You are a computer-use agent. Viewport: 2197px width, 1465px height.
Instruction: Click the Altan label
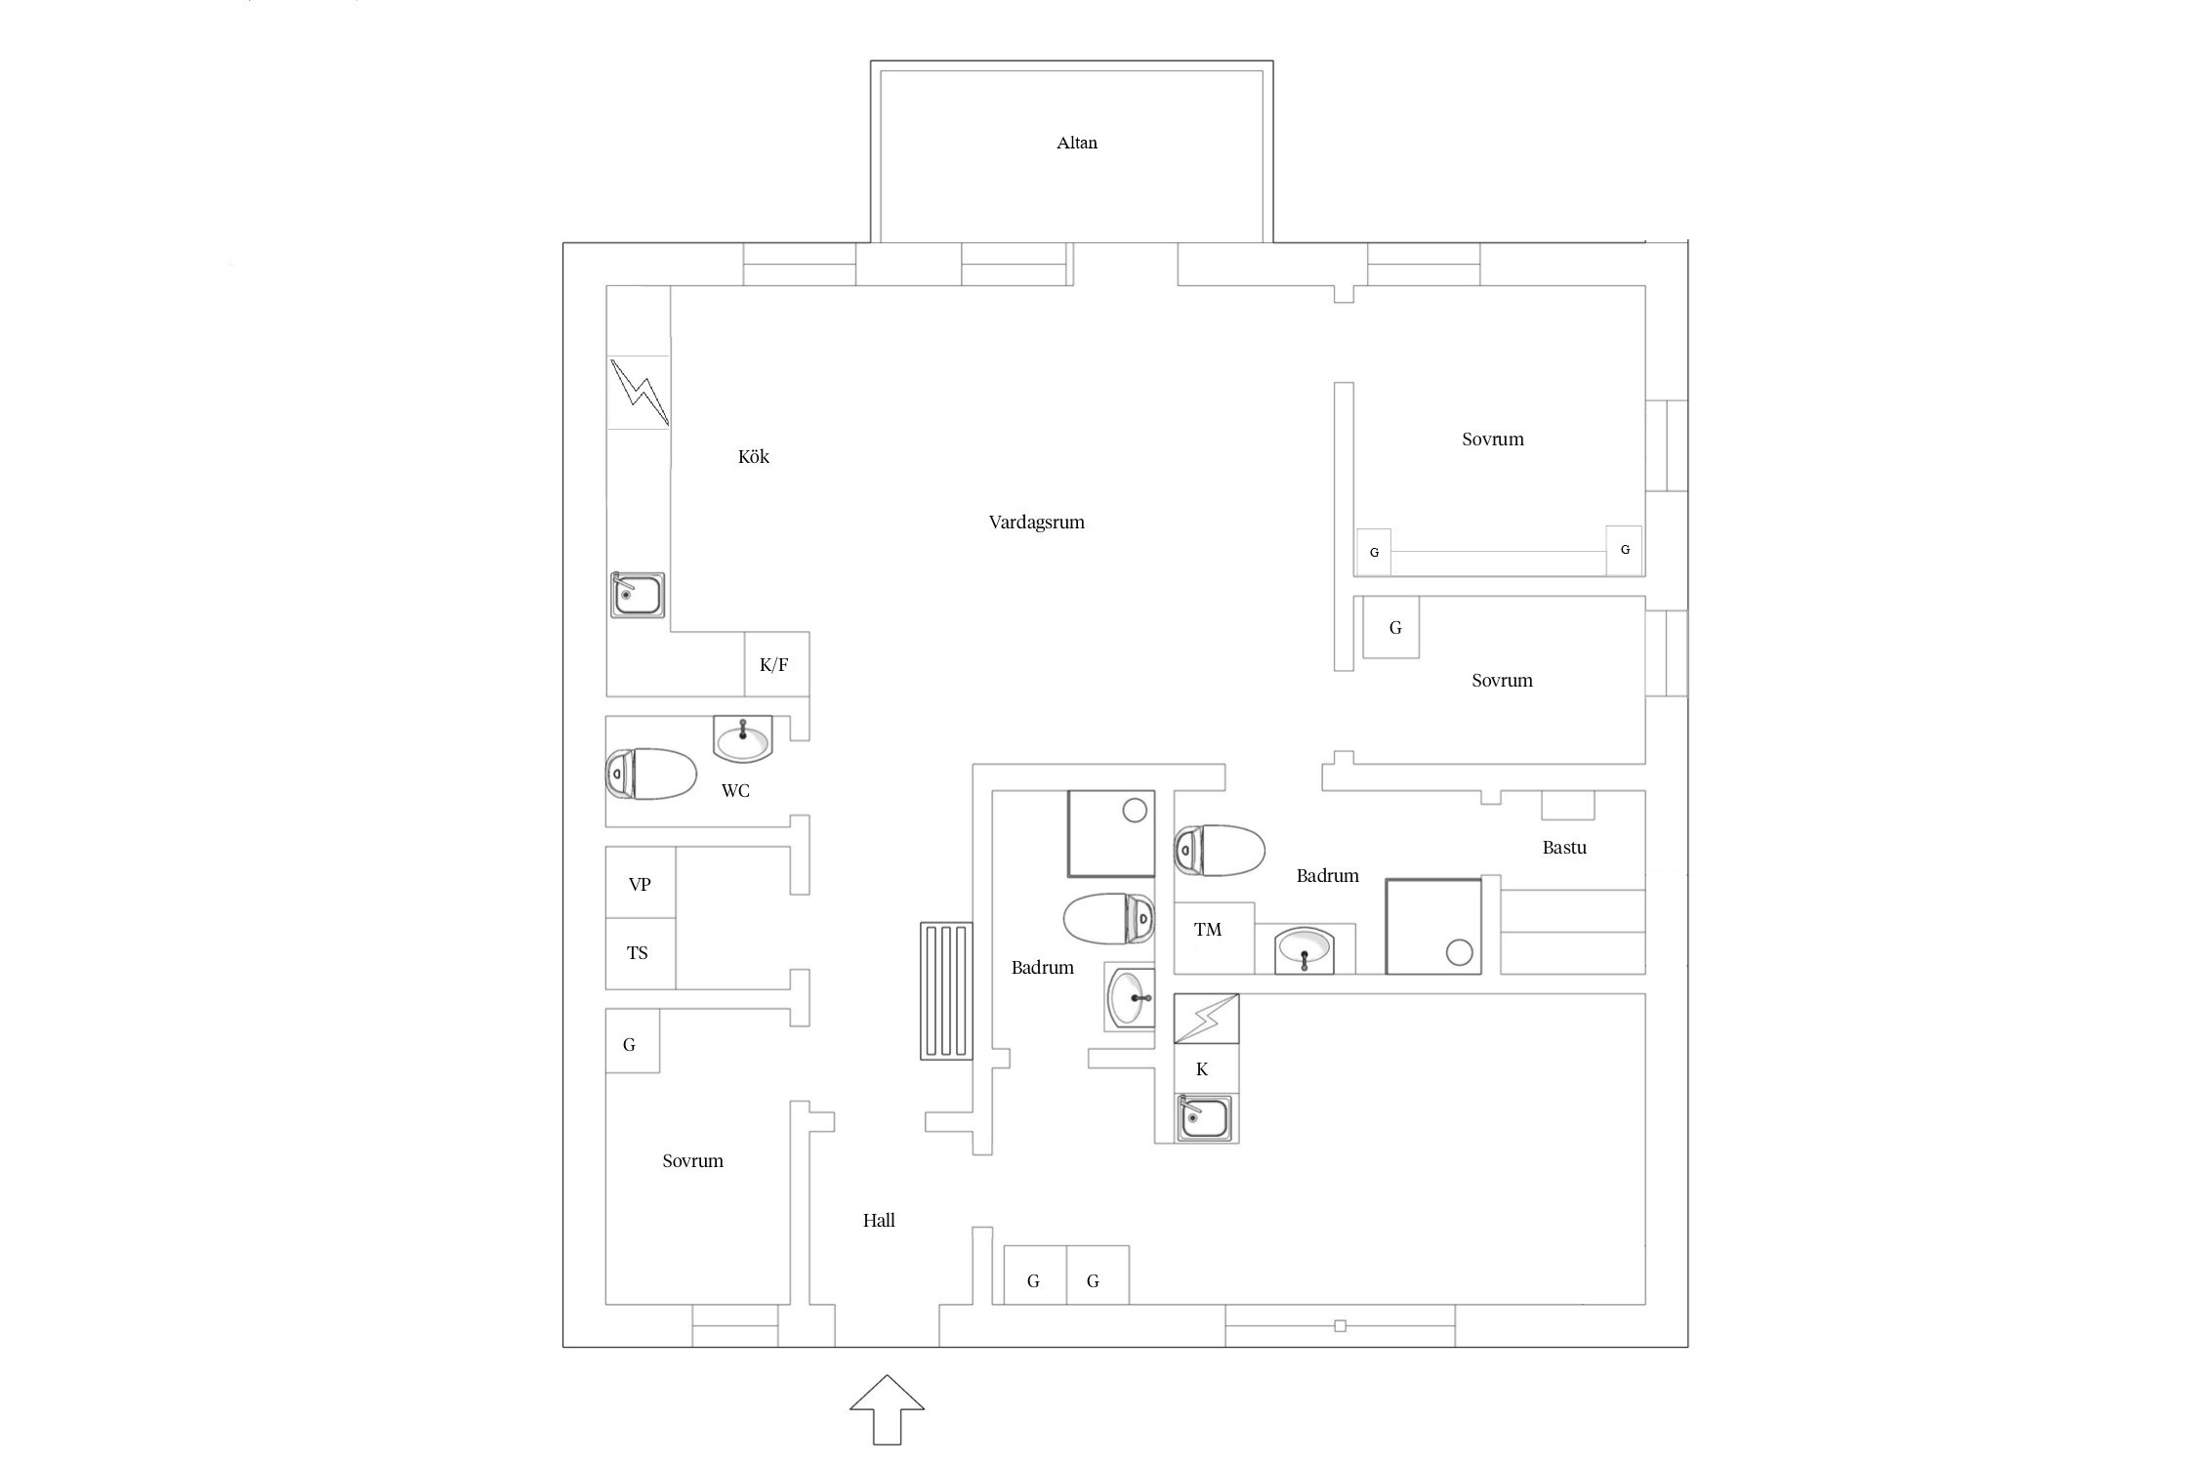click(x=1076, y=143)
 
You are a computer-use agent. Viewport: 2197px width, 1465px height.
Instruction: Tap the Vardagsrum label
click(x=1036, y=523)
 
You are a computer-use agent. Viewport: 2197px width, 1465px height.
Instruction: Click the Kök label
click(x=753, y=456)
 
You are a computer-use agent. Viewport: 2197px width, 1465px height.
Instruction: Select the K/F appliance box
click(x=776, y=664)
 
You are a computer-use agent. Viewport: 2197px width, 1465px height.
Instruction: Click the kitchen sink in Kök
click(x=638, y=595)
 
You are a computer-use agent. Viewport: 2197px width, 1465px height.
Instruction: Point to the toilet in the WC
click(x=650, y=774)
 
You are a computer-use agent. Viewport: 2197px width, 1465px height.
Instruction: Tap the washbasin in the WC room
click(x=743, y=738)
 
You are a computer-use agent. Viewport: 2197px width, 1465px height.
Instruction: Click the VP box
click(x=641, y=883)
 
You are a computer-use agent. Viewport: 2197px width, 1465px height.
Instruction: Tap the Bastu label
click(x=1564, y=848)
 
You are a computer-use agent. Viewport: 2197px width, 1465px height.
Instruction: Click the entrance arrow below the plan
click(x=887, y=1409)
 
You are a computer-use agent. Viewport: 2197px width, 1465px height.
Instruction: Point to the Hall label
click(x=879, y=1220)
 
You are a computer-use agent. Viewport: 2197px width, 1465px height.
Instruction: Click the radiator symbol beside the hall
click(x=946, y=991)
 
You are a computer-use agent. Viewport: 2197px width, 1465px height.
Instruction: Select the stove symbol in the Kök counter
click(x=639, y=392)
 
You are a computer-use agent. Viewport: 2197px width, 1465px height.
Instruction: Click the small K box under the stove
click(x=1206, y=1068)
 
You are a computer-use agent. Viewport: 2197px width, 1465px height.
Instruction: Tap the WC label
click(x=735, y=790)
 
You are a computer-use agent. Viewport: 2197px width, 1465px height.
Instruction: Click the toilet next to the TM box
click(x=1220, y=851)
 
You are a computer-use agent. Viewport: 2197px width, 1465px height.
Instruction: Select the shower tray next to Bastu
click(x=1433, y=926)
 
